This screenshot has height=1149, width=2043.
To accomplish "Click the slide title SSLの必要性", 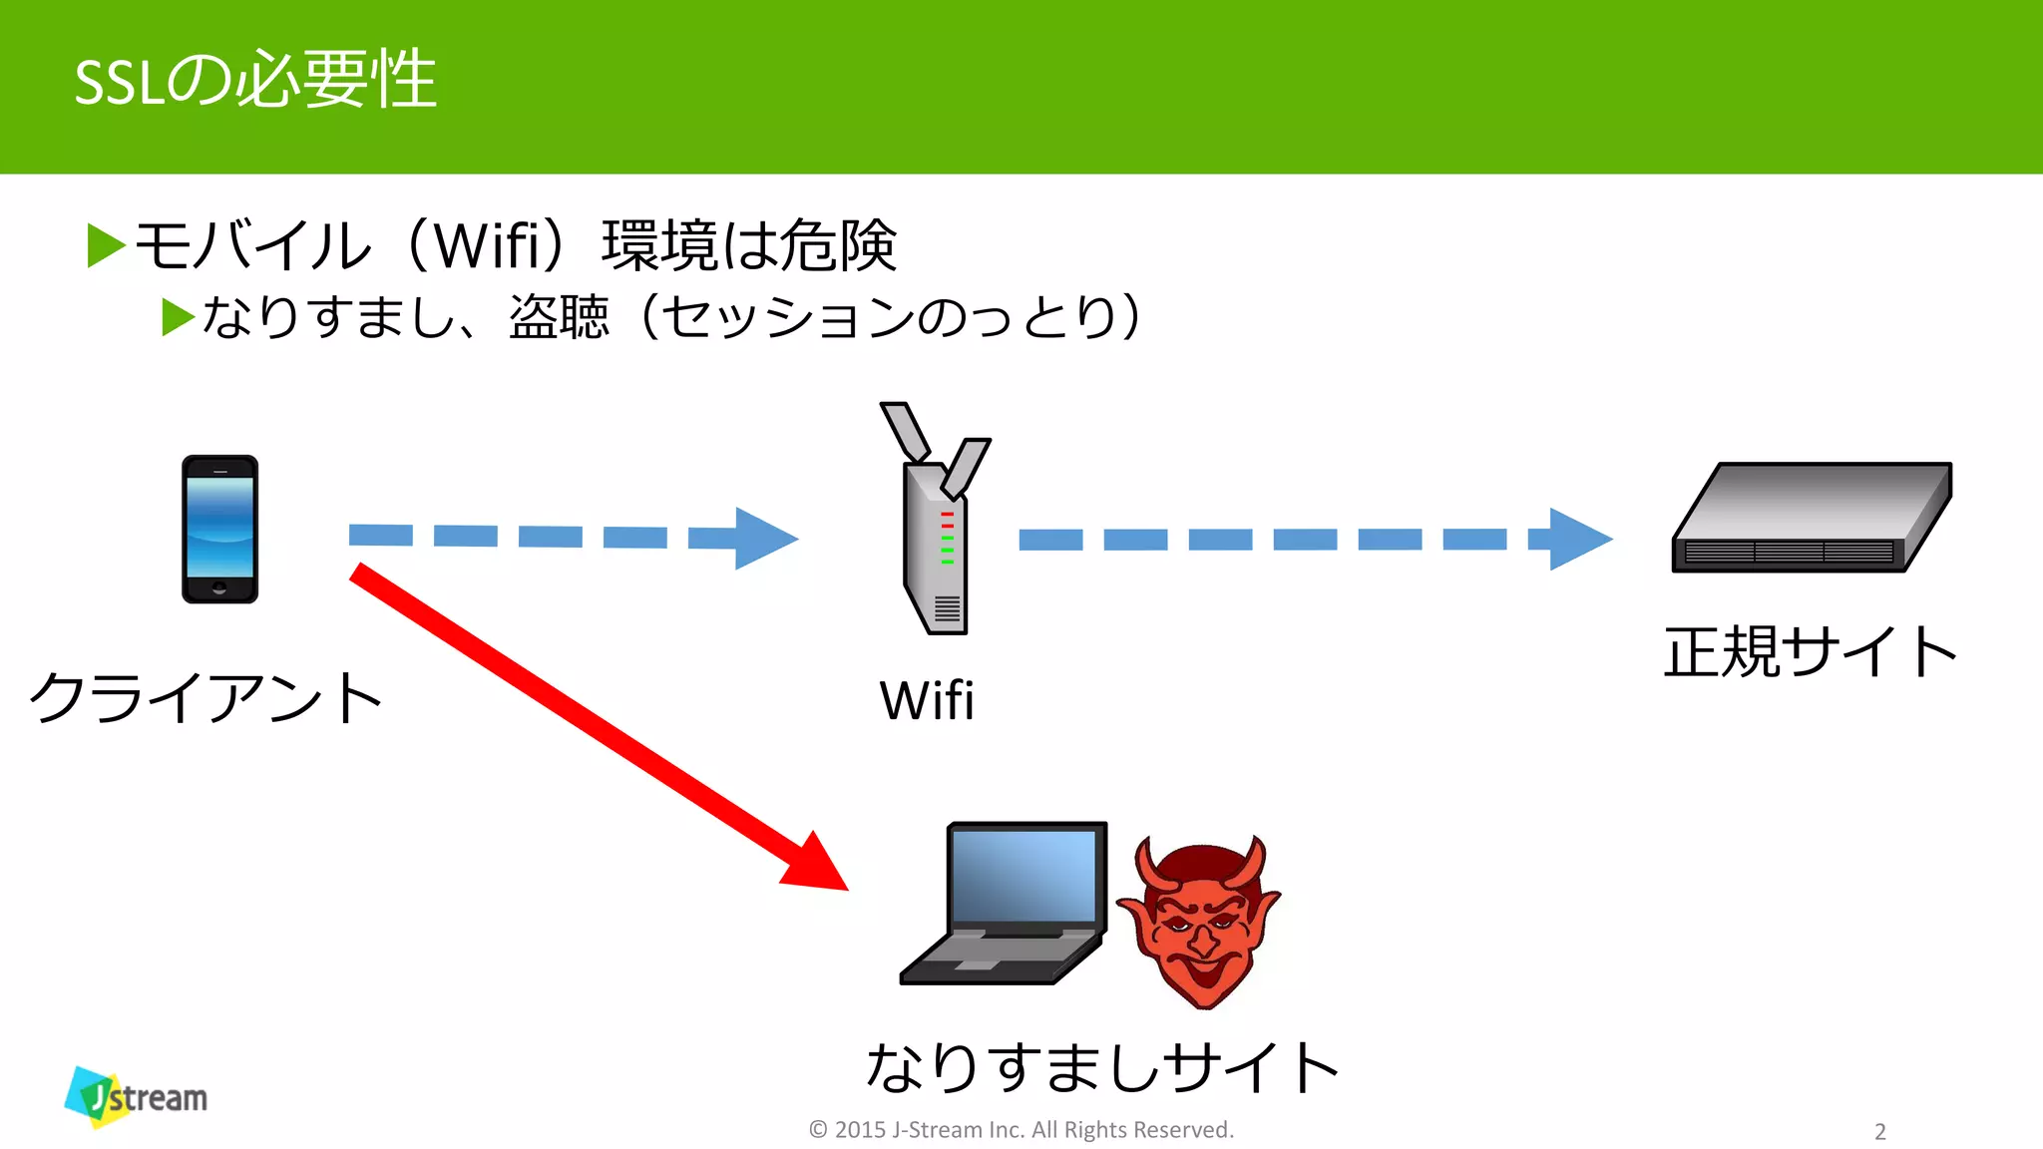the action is (x=255, y=80).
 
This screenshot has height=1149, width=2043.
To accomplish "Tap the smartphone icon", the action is (x=219, y=529).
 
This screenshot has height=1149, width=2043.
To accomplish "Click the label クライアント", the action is (x=205, y=697).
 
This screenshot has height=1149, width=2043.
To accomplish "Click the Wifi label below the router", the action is (x=926, y=700).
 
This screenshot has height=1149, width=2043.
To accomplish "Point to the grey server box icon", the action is (x=1812, y=519).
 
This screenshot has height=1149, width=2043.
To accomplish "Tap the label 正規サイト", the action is (x=1810, y=652).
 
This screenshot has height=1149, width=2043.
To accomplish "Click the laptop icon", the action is (x=1006, y=904).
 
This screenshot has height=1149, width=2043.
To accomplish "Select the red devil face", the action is (x=1200, y=920).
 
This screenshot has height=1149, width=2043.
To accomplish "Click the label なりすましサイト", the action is (x=1101, y=1067).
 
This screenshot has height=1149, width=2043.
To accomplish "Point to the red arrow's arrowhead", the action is (x=818, y=864).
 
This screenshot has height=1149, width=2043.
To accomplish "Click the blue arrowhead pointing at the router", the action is (x=764, y=539).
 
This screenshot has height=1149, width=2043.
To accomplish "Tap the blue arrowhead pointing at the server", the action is (x=1578, y=540).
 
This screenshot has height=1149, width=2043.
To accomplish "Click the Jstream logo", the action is (x=137, y=1096).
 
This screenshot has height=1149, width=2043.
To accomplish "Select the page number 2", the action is (x=1880, y=1131).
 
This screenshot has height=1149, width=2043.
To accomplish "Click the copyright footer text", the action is (x=1021, y=1130).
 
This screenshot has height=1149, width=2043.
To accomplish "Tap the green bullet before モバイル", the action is (x=106, y=245).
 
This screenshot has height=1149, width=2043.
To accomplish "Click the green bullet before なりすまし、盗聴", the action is (x=178, y=317).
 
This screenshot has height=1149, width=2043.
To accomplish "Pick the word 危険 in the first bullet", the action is (x=838, y=245).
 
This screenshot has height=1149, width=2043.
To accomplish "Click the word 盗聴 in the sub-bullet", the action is (x=559, y=317).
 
